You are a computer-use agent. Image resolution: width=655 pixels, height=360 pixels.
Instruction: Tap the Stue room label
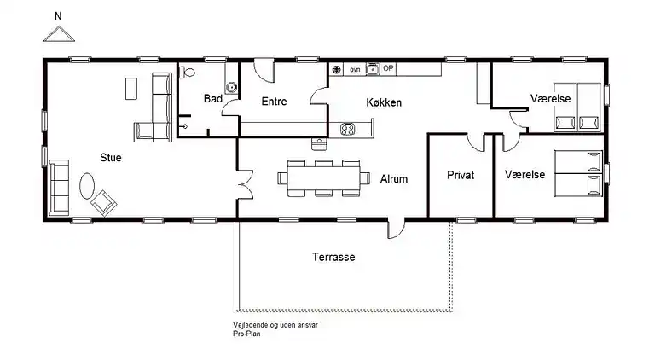[111, 158]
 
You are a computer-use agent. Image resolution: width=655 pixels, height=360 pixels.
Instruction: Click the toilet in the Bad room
[187, 73]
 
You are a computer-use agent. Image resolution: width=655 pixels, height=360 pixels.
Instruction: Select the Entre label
[274, 101]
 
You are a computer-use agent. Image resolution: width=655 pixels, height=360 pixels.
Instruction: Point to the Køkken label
[384, 102]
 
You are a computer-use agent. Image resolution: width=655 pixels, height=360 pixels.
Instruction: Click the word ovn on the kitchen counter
[355, 70]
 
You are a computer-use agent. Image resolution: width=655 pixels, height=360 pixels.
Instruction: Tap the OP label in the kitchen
[388, 68]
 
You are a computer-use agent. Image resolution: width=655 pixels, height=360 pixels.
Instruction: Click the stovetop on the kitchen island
[348, 129]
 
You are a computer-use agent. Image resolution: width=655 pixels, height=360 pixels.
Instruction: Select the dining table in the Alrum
[324, 178]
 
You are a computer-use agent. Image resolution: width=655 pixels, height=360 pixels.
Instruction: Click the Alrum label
[394, 179]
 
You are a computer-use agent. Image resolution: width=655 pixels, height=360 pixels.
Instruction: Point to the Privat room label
[461, 175]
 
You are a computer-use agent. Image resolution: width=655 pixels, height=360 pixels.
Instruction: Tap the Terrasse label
[333, 257]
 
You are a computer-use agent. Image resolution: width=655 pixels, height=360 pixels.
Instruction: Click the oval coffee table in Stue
[87, 186]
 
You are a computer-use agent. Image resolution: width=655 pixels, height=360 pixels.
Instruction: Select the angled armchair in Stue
[103, 203]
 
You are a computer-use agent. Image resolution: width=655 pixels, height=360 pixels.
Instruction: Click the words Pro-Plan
[246, 334]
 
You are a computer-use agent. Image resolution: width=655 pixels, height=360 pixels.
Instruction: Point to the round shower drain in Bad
[230, 88]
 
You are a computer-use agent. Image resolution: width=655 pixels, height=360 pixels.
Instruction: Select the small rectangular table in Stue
[131, 89]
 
